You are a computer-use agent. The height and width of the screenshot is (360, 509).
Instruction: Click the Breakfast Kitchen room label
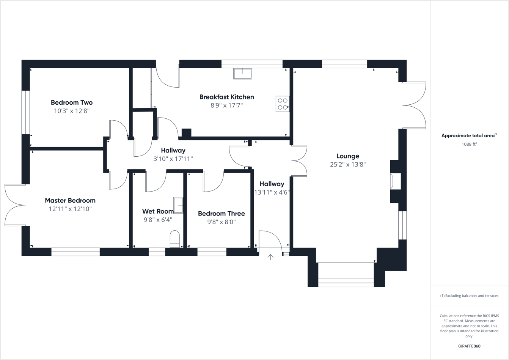click(226, 97)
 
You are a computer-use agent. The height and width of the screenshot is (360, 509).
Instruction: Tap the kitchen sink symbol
click(242, 73)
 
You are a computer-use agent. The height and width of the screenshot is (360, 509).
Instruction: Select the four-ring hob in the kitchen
click(283, 104)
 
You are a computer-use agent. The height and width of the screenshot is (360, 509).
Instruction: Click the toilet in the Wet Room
click(174, 239)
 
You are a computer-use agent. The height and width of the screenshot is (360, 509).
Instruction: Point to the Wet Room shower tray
click(178, 205)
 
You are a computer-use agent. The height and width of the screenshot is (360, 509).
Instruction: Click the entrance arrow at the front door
click(270, 257)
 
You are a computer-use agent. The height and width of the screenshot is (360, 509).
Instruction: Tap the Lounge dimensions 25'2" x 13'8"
click(348, 165)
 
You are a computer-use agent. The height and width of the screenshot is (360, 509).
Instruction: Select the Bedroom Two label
click(72, 102)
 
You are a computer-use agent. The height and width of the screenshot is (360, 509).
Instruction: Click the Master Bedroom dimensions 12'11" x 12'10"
click(70, 209)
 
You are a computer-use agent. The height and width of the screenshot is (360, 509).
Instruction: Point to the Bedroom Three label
click(222, 214)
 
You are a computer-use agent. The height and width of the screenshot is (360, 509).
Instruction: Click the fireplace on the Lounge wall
click(395, 181)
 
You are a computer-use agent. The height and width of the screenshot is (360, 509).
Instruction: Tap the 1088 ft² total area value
click(469, 144)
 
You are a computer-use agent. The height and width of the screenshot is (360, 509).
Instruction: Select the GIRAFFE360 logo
click(469, 346)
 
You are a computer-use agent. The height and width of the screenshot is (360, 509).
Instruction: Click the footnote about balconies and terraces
click(469, 296)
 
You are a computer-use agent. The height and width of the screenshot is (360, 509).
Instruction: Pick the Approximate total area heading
click(469, 135)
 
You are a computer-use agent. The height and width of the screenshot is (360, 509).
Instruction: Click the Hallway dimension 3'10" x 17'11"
click(173, 159)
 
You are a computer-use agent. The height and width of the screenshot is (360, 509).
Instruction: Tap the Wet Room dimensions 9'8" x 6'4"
click(158, 220)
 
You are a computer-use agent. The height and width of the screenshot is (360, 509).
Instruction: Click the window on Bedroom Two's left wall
click(25, 112)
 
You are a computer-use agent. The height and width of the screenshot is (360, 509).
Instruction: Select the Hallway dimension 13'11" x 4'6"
click(272, 192)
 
